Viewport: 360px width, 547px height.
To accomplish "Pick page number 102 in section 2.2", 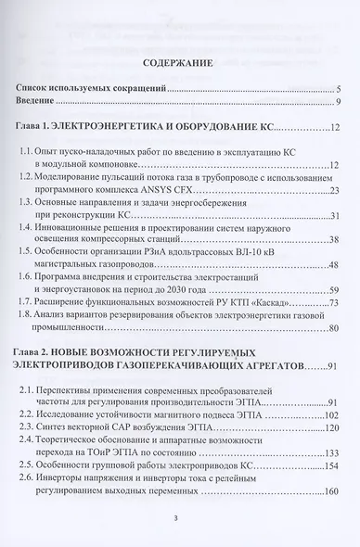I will (x=331, y=416).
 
